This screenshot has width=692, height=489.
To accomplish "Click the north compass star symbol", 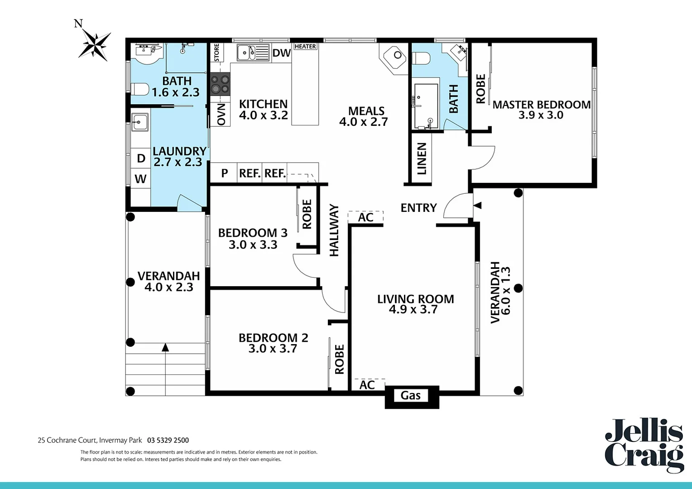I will (x=95, y=45).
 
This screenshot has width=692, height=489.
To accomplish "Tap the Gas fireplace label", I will (x=411, y=396).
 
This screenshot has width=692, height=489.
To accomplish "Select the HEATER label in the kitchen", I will (x=305, y=47).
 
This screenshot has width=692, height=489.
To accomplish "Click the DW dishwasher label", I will (x=281, y=53).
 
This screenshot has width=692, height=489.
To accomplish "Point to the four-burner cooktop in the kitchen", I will (x=220, y=84).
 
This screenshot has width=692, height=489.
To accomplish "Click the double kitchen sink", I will (x=246, y=53).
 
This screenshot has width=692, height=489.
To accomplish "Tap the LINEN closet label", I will (x=422, y=158).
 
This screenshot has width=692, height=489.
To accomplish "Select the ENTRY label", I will (x=418, y=208).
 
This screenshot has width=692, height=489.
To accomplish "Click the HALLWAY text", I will (x=334, y=230).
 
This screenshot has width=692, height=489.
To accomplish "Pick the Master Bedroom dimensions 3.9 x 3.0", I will (x=541, y=115).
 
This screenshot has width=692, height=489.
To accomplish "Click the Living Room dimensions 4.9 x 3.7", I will (x=413, y=310).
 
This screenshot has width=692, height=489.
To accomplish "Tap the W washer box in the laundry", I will (x=140, y=179).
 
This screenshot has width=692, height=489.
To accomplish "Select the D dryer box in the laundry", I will (x=141, y=158).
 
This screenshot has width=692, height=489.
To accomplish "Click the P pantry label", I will (x=224, y=173).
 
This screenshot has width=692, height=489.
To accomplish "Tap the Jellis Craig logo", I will (x=644, y=446).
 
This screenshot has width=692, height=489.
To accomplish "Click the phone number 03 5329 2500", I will (x=168, y=440).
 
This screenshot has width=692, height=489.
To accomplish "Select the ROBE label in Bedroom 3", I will (x=307, y=214).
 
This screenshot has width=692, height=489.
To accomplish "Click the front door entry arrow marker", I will (x=477, y=205).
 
